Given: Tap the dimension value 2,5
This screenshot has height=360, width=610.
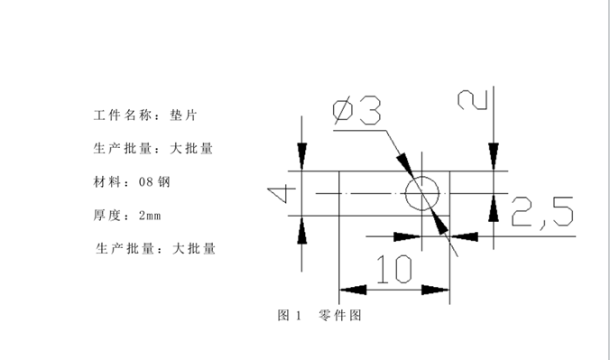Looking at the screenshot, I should [541, 212].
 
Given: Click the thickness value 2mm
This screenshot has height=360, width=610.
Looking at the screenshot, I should [149, 215].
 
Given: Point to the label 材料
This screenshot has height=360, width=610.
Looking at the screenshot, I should [106, 181].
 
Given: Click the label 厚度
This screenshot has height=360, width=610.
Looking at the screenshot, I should [106, 215].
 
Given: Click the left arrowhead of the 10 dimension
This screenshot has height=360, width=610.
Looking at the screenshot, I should [352, 290].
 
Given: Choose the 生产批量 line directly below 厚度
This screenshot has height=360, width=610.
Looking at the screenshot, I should [155, 247].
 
